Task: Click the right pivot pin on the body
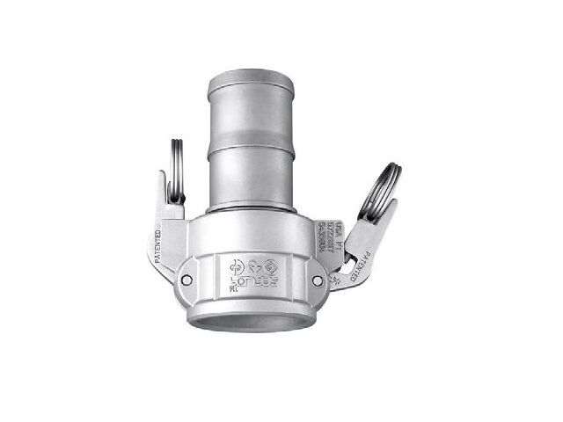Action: click(x=318, y=281)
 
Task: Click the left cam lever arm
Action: click(x=163, y=233)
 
